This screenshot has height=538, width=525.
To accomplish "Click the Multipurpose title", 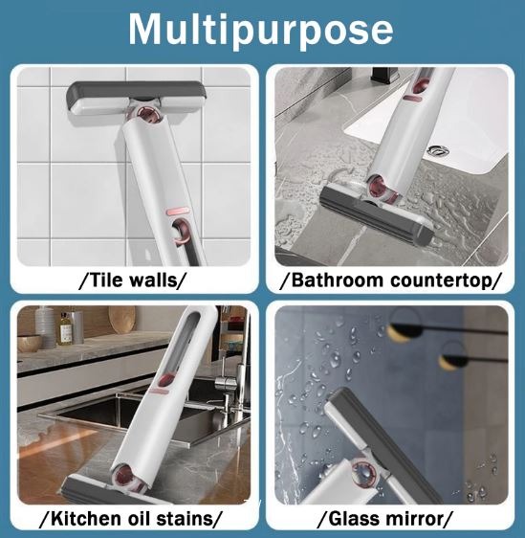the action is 260,30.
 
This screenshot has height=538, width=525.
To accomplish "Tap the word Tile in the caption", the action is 104,280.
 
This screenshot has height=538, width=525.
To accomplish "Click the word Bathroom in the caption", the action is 338,280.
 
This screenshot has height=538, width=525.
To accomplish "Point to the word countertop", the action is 441,280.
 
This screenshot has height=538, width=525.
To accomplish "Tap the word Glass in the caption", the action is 352,519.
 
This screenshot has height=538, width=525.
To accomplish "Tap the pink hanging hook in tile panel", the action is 181,232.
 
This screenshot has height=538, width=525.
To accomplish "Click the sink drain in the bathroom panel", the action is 438,150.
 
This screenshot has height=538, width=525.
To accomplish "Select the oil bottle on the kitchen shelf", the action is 65,328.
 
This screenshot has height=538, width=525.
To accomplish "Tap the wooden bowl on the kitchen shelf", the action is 29,344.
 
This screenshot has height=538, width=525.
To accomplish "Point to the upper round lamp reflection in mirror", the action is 405,325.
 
